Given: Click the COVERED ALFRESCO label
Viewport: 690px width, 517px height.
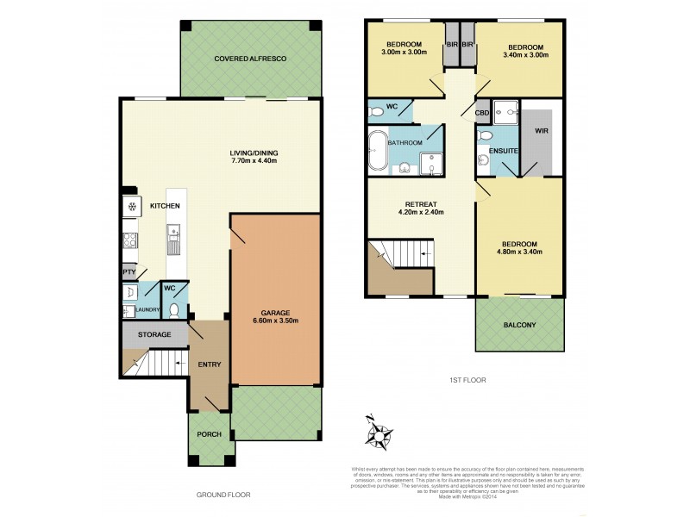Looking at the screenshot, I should click(250, 58).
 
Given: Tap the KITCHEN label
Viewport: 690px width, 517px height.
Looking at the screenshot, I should click(164, 206).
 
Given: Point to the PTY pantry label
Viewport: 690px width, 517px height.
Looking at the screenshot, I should click(128, 271).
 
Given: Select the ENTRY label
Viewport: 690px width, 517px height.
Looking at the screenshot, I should click(209, 364).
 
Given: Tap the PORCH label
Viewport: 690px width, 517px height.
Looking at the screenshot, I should click(210, 434).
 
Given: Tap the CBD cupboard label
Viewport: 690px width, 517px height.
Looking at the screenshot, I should click(482, 113).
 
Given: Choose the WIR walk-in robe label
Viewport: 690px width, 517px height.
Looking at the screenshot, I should click(542, 132).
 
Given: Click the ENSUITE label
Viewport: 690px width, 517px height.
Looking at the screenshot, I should click(503, 151).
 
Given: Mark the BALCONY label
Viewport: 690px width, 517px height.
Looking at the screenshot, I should click(519, 325).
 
